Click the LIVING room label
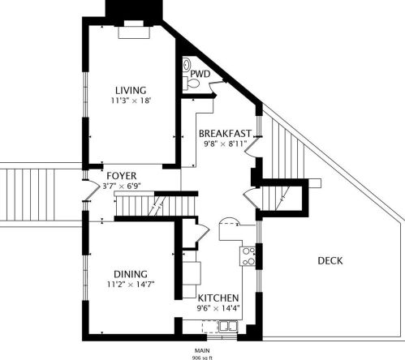pyautogui.click(x=130, y=90)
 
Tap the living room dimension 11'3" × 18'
pyautogui.click(x=130, y=101)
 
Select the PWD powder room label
pyautogui.click(x=200, y=74)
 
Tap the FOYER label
pyautogui.click(x=121, y=175)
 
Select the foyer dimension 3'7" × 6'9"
pyautogui.click(x=122, y=186)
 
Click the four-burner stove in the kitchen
pyautogui.click(x=249, y=256)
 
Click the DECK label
pyautogui.click(x=330, y=260)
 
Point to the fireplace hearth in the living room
pyautogui.click(x=134, y=33)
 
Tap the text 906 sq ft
pyautogui.click(x=201, y=355)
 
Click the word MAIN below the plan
pyautogui.click(x=201, y=349)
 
